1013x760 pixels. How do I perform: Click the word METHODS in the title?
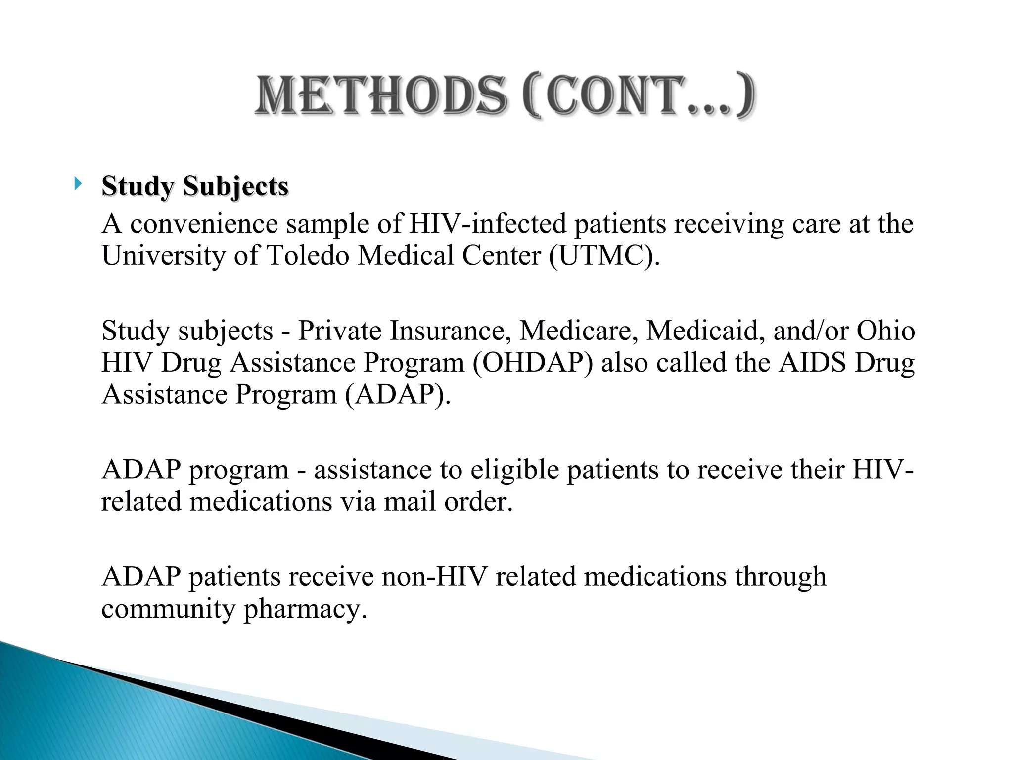381,95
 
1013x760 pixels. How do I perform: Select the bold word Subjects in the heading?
235,187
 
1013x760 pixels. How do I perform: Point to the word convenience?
204,224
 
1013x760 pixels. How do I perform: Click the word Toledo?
308,256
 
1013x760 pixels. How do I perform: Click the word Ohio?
885,331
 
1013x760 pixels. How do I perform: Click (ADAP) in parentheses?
398,395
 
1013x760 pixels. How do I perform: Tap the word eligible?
514,470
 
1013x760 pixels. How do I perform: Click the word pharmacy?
305,609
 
